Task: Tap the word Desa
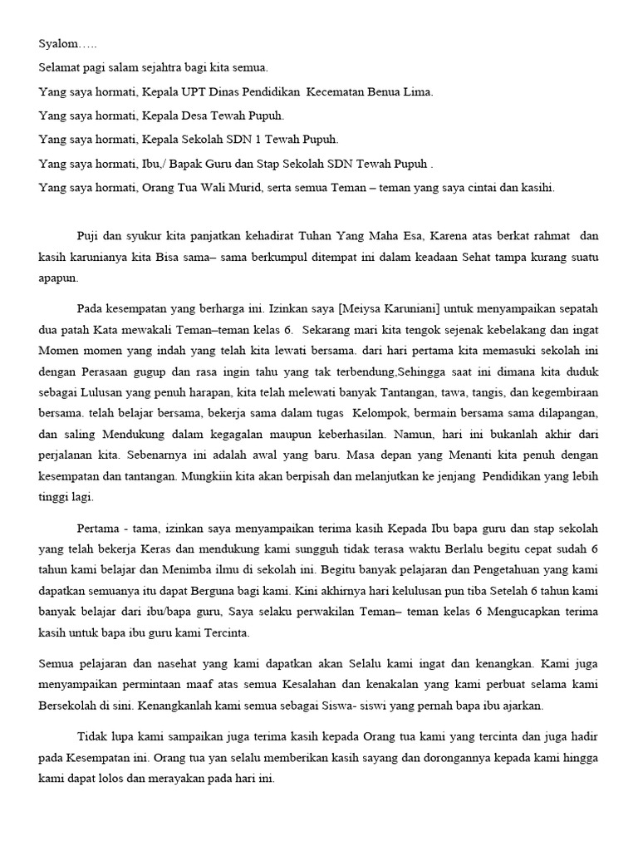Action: (x=196, y=116)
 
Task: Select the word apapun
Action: (x=59, y=280)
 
